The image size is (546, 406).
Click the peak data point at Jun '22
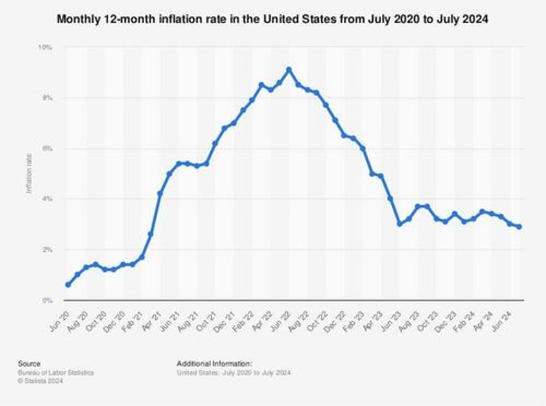click(x=289, y=70)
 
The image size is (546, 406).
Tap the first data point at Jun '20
click(x=68, y=285)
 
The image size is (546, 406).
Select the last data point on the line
click(x=519, y=227)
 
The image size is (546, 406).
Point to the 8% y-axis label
click(x=48, y=98)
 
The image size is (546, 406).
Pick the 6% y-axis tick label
click(x=48, y=149)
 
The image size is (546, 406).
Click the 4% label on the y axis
click(x=48, y=199)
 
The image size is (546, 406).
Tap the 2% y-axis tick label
click(x=48, y=249)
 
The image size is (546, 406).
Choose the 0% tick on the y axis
click(x=48, y=300)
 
